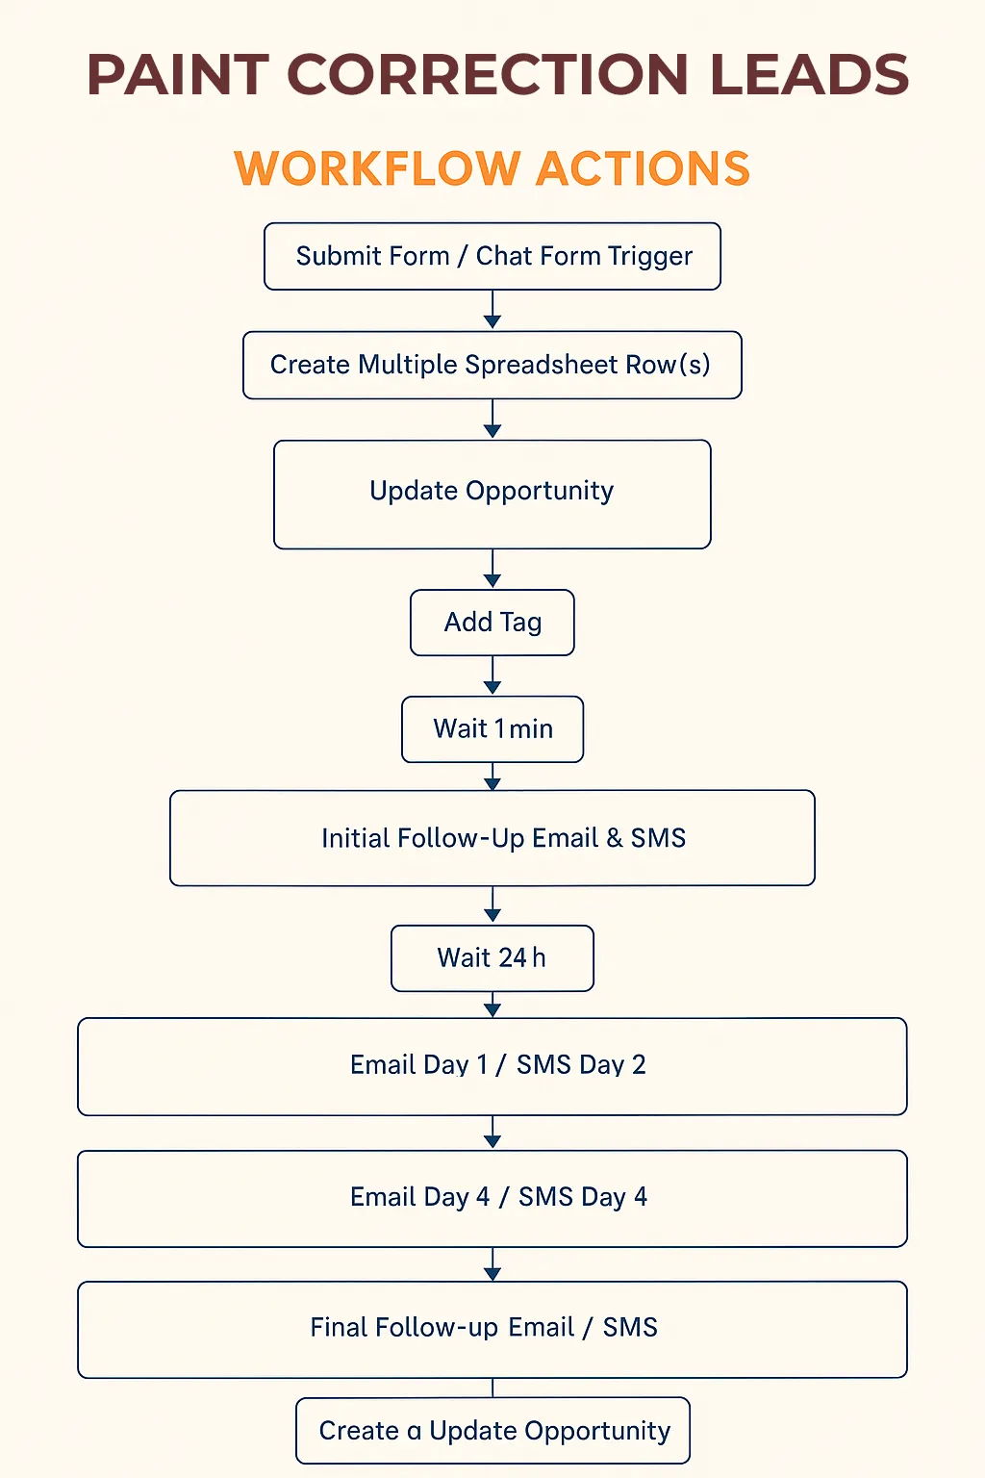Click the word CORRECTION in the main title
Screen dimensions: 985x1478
point(488,74)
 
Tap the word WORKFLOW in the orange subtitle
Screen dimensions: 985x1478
point(377,168)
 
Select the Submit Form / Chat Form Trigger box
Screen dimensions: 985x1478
point(492,256)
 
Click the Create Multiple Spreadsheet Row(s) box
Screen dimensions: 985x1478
point(492,365)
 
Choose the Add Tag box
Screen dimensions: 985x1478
point(492,623)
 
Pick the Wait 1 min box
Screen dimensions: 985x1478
point(492,729)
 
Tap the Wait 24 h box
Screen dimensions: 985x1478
point(492,958)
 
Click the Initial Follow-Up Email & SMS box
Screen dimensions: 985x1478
point(492,838)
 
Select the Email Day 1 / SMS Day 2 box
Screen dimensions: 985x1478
point(492,1066)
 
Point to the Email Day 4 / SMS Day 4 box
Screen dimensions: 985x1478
point(492,1198)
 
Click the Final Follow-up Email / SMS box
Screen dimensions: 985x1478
point(492,1330)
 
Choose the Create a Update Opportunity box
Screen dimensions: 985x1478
point(492,1431)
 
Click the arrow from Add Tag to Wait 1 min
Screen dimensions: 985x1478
point(492,675)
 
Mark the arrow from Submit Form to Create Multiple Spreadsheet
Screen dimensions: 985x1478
point(492,310)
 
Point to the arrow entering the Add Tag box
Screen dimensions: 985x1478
point(492,568)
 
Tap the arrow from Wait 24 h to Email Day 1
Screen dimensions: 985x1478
point(492,1005)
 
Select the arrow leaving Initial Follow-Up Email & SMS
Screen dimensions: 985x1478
point(492,905)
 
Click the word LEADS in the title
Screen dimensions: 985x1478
point(810,74)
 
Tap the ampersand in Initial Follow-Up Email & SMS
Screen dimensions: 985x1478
point(615,838)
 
